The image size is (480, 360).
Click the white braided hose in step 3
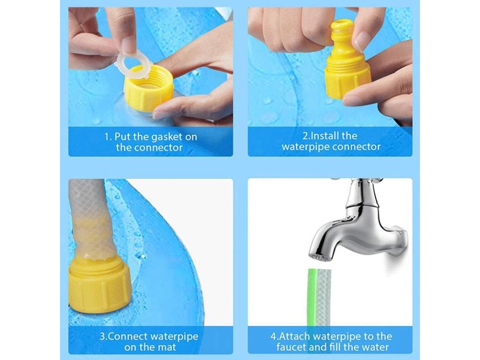click(92, 220)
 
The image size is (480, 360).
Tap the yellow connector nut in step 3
click(99, 283)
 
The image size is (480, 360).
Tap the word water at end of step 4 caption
click(375, 347)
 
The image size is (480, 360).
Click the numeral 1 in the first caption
click(106, 137)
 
